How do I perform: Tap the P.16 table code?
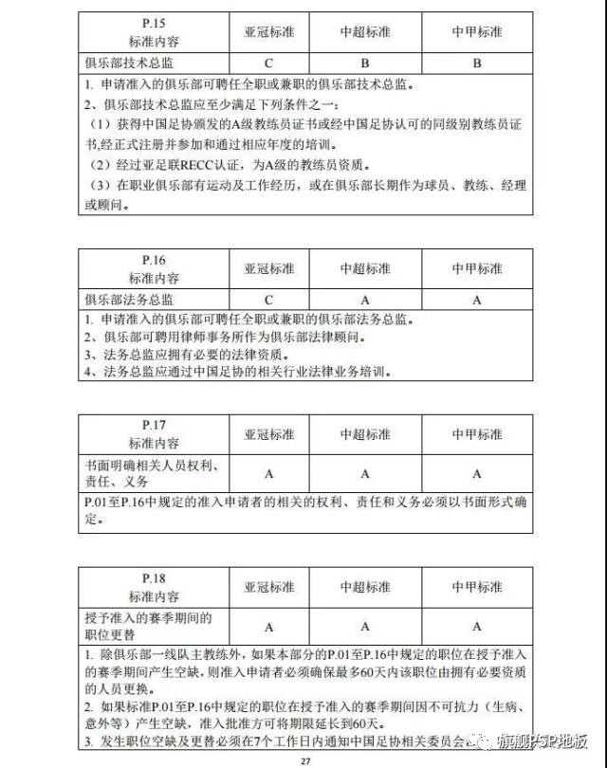[153, 260]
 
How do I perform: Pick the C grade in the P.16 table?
[269, 299]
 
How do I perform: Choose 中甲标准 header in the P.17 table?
[476, 434]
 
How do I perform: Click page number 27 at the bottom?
[303, 759]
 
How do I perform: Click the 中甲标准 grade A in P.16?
[476, 299]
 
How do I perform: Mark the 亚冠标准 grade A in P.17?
[269, 473]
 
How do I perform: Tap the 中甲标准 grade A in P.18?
[476, 626]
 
